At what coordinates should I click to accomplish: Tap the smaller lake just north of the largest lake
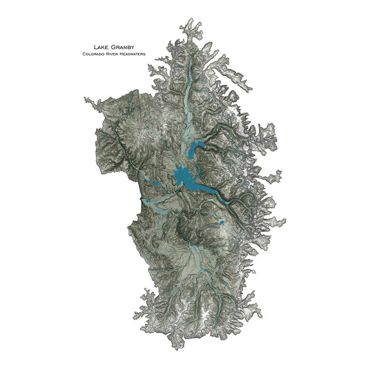[193, 148]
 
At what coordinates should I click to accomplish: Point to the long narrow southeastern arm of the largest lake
[211, 193]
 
